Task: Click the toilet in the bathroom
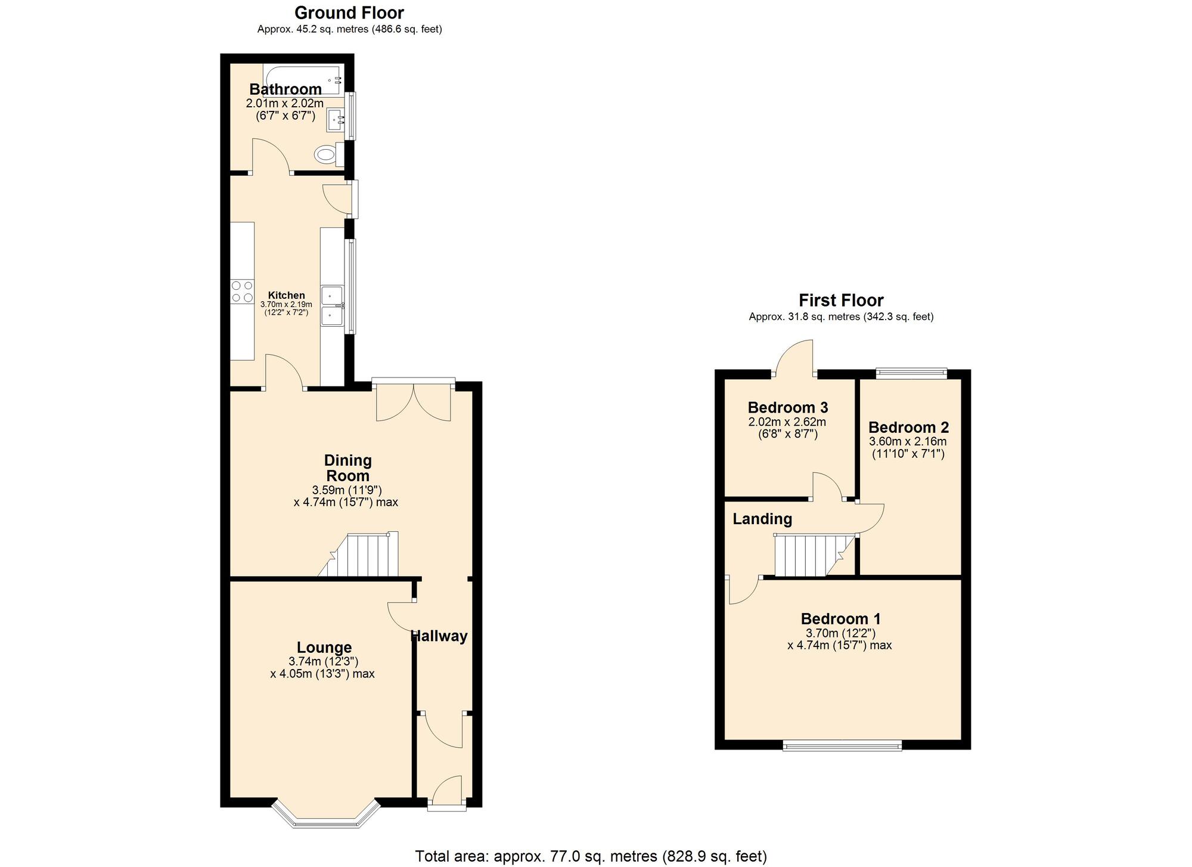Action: (x=327, y=155)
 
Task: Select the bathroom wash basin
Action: (x=335, y=120)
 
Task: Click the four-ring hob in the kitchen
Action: (x=242, y=291)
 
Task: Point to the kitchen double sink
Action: (x=332, y=306)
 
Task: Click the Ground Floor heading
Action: (x=349, y=13)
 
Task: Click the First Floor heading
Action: (x=841, y=300)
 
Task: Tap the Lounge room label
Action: (x=324, y=648)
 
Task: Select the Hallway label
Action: (x=440, y=636)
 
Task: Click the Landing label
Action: (x=762, y=519)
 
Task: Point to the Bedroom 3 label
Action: (x=787, y=408)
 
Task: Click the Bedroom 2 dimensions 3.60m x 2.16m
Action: (x=908, y=442)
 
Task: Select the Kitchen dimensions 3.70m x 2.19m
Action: (x=286, y=305)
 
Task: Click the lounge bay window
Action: (x=326, y=817)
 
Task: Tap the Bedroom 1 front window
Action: (x=842, y=745)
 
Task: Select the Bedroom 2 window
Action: (x=911, y=373)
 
